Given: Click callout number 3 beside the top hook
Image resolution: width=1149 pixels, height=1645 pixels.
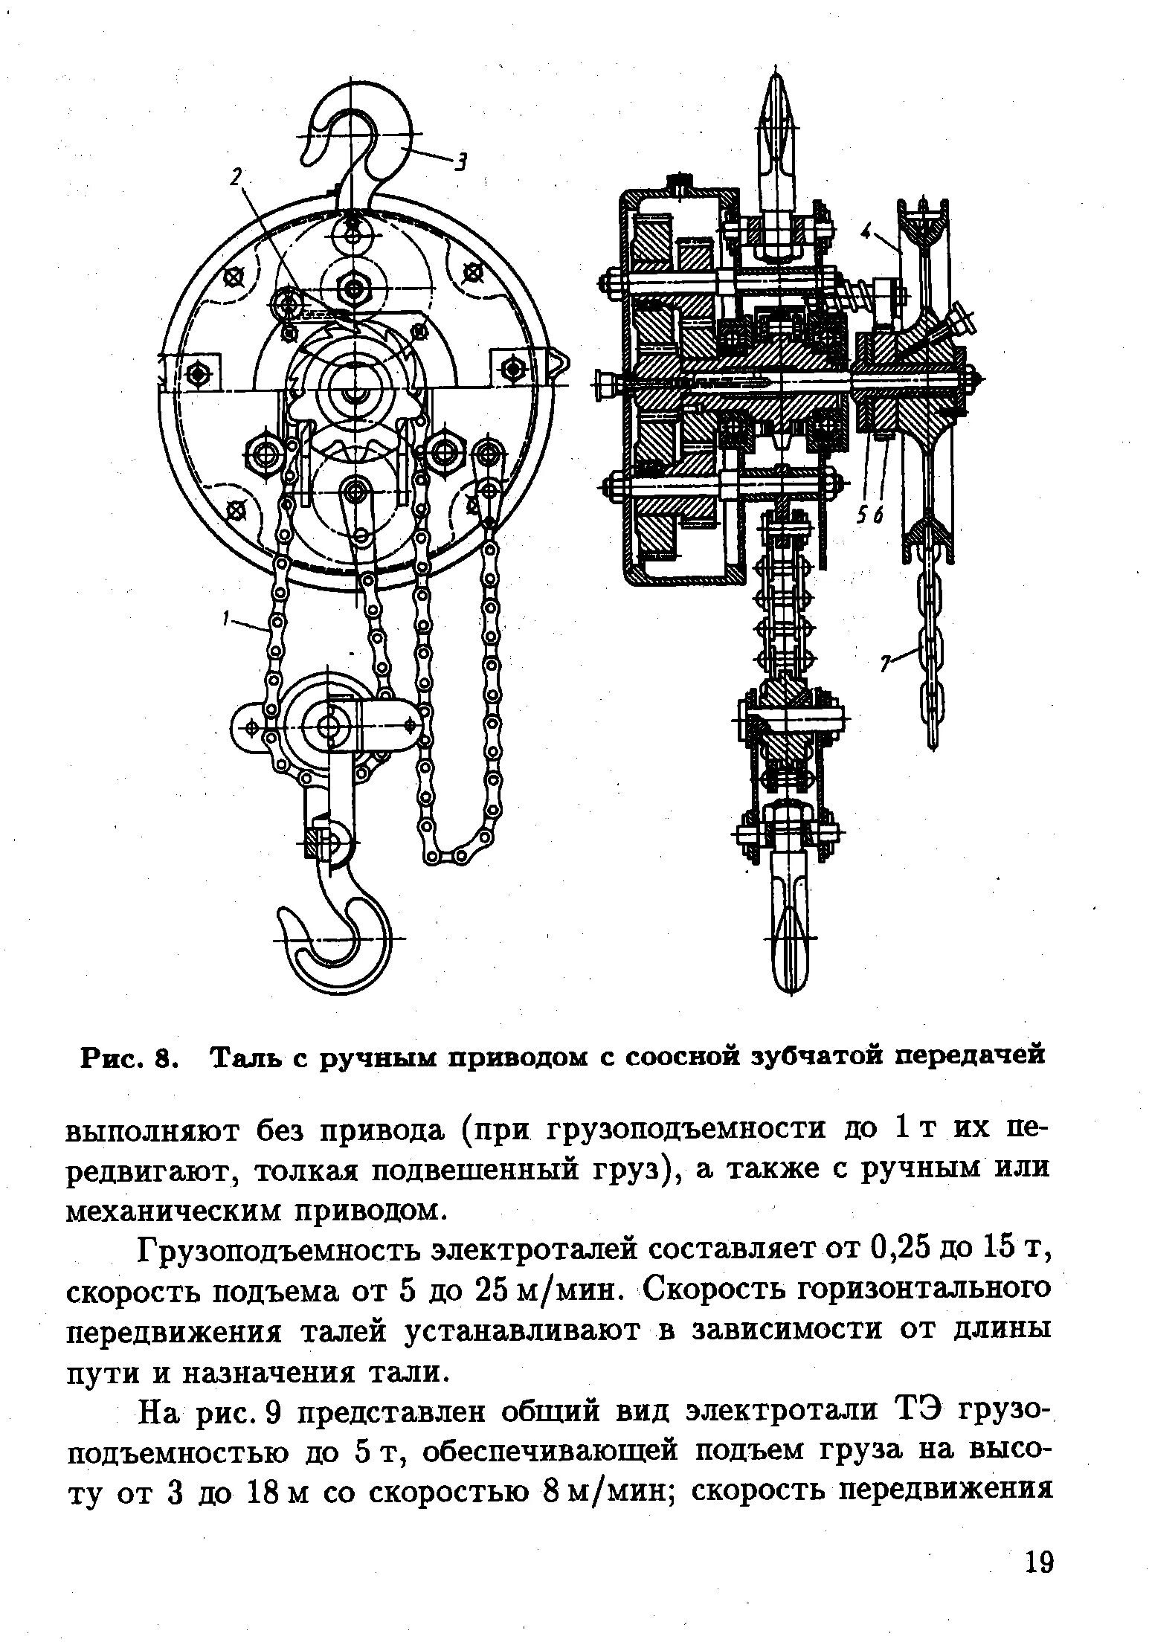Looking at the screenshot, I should (460, 161).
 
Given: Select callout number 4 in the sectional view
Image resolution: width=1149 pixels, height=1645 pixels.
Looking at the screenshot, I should (866, 232).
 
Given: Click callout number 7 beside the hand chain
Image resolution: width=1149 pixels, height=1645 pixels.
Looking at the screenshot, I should (886, 664).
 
